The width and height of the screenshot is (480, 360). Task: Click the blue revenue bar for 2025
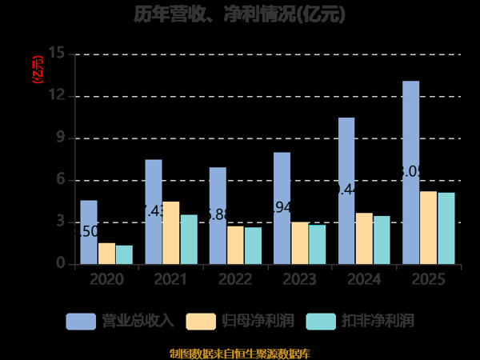pos(410,172)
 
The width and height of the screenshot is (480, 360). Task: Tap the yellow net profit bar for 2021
pos(171,233)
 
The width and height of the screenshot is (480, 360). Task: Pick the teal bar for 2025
pos(446,228)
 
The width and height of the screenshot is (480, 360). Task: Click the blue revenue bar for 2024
pos(346,190)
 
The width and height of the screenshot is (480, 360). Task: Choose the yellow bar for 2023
pos(300,242)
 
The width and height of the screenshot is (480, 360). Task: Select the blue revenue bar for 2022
pos(218,215)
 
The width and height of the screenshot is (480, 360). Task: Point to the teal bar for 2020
pos(124,254)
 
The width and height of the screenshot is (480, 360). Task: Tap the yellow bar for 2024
pos(364,238)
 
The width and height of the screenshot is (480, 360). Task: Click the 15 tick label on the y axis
pos(56,54)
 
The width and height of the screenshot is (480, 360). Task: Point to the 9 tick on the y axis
pos(60,138)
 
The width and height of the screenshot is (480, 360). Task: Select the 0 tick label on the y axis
pos(60,264)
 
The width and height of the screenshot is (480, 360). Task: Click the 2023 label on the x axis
pos(299,280)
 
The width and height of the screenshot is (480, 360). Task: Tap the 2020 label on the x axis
pos(106,280)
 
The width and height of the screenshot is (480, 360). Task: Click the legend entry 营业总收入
pos(120,321)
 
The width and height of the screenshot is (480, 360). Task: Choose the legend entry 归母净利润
pos(240,321)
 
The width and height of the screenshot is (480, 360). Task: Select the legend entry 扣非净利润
pos(361,321)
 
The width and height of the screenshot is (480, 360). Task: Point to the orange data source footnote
pos(240,353)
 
